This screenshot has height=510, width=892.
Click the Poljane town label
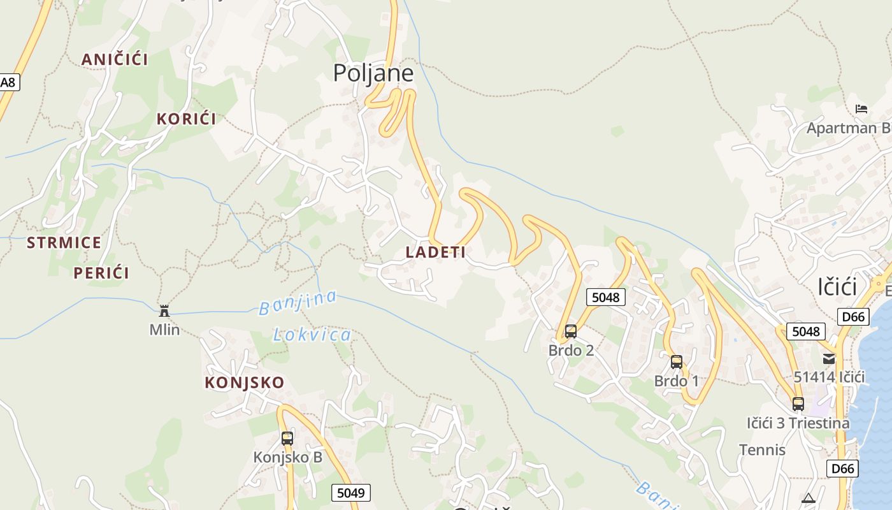click(373, 73)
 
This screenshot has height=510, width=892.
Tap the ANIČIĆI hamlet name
click(115, 59)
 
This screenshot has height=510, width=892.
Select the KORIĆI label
click(186, 119)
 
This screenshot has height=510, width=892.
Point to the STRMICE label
click(64, 242)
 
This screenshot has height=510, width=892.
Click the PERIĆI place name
click(101, 273)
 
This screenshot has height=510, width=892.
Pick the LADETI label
click(436, 252)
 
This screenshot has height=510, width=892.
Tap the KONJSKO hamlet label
click(244, 382)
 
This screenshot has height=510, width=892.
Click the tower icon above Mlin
click(164, 311)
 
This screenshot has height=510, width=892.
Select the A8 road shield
click(8, 82)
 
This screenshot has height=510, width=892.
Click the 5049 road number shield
click(350, 493)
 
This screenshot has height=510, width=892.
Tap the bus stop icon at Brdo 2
click(571, 331)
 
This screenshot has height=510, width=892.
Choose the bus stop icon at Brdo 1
click(677, 362)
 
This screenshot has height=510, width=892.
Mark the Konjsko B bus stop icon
click(287, 438)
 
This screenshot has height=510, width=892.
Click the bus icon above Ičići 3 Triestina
click(798, 404)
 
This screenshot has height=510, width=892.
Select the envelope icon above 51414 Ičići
click(829, 359)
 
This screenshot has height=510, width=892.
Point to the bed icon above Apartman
click(861, 109)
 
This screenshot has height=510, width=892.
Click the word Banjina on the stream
click(298, 303)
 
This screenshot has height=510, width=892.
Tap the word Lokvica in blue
click(312, 335)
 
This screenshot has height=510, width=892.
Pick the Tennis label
click(762, 450)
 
